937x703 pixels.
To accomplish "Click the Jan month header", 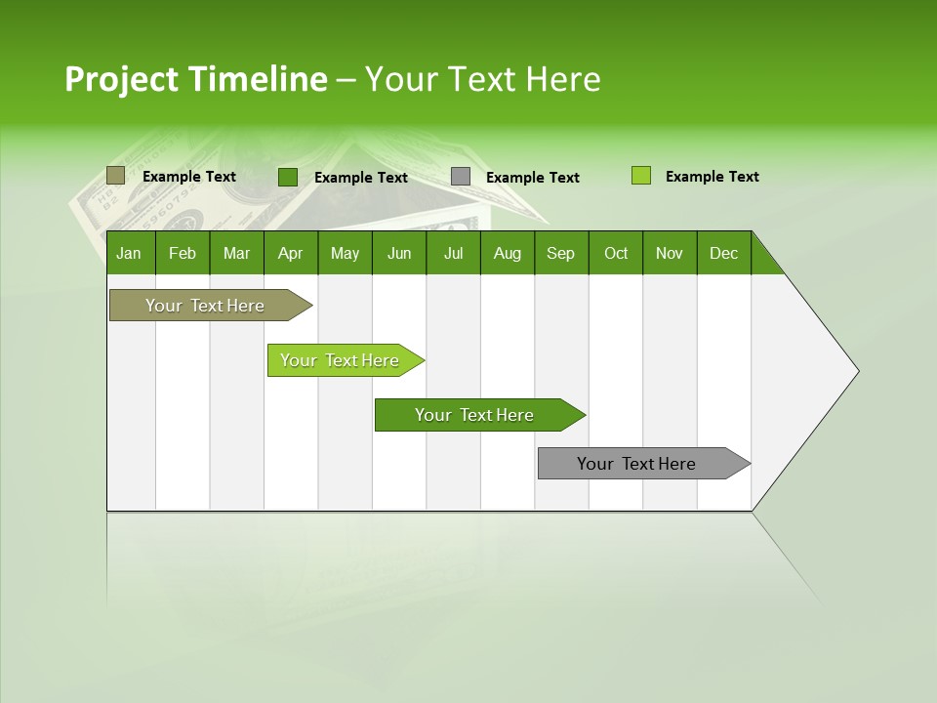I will (x=130, y=253).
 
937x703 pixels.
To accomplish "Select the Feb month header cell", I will (x=183, y=253).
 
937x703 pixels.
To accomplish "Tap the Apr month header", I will (x=290, y=253).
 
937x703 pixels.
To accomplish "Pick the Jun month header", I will (x=399, y=253).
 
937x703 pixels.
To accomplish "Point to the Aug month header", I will (x=507, y=253).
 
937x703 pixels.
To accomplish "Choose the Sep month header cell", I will (x=561, y=253).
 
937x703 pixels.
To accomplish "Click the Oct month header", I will (x=616, y=253).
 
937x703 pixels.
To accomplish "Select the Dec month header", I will (x=723, y=253).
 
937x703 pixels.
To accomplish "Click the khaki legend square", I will (x=115, y=176).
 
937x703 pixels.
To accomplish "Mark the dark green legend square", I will (x=287, y=177).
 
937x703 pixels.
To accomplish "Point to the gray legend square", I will (x=461, y=177).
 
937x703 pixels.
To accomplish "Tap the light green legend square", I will (x=640, y=176).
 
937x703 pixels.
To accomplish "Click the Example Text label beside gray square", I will (x=532, y=178).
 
